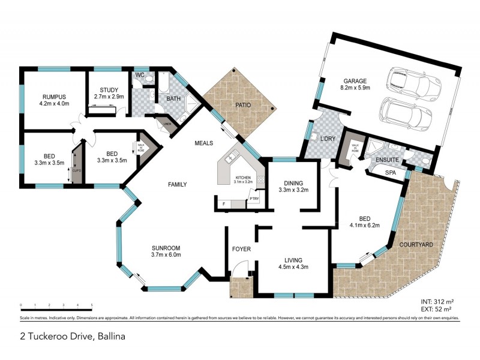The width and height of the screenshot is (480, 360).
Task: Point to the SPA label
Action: pos(390,172)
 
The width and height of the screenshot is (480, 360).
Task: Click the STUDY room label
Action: pos(109,89)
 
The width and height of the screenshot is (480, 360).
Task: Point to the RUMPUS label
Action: pos(53,97)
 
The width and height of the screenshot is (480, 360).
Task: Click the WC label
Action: pos(140,76)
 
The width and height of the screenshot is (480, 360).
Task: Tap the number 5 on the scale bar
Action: pos(92,305)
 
